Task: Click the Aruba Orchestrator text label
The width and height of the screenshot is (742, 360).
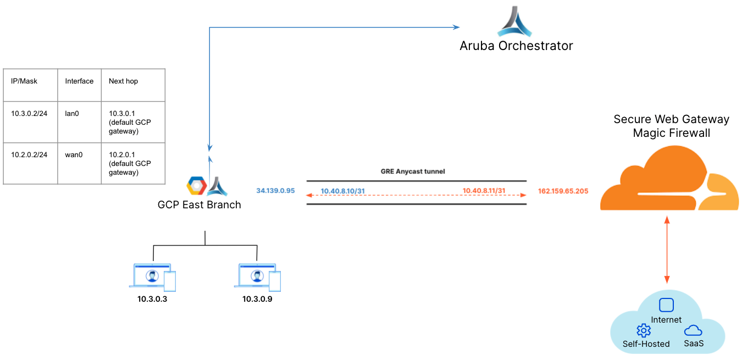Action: (516, 46)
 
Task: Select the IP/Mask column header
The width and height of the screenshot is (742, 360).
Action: (24, 81)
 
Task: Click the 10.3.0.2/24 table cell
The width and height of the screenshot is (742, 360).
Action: (29, 114)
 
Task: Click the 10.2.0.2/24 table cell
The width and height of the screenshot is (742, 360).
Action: (29, 155)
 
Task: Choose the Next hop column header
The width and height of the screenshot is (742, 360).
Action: (123, 81)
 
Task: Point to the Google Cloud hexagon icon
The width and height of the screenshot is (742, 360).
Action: (196, 186)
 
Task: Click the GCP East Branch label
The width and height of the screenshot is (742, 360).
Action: (199, 205)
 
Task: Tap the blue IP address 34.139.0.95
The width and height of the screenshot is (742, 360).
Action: (275, 191)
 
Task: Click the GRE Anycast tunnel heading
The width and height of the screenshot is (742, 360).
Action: (413, 171)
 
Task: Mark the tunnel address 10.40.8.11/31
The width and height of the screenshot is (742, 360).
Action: (484, 191)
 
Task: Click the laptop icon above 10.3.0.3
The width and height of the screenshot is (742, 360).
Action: (152, 276)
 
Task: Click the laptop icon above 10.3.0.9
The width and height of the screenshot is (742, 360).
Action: (257, 276)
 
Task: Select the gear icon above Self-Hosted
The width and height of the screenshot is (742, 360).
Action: (643, 330)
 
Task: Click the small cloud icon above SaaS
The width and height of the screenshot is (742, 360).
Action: (693, 330)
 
